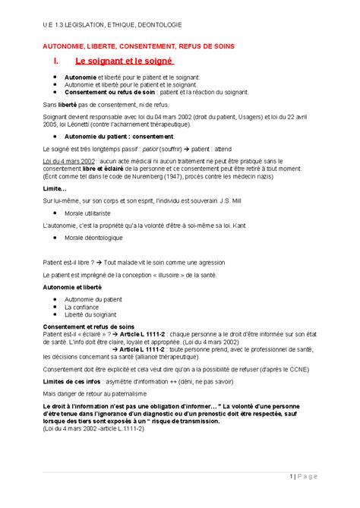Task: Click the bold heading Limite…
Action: tap(55, 188)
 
